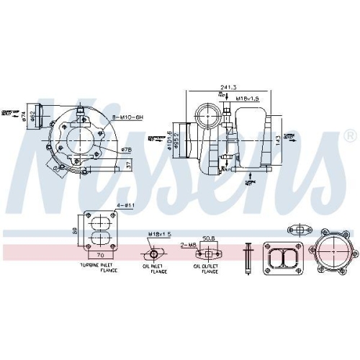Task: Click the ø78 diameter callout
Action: point(126,150)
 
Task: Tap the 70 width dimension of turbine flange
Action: point(101,255)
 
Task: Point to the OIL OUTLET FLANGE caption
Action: point(207,268)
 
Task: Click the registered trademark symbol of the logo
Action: point(349,135)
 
